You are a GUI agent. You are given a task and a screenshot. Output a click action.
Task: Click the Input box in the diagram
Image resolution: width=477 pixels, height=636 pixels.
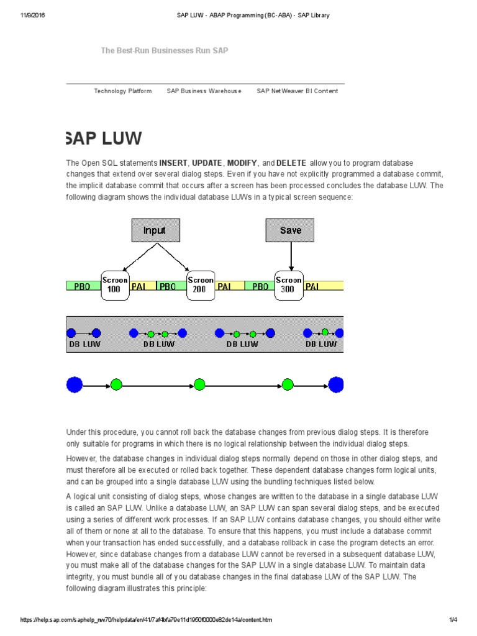[155, 230]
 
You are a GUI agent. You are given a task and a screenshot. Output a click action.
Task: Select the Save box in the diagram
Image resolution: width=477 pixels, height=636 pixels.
[290, 230]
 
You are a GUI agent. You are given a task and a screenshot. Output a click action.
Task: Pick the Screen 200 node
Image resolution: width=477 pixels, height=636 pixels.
[201, 284]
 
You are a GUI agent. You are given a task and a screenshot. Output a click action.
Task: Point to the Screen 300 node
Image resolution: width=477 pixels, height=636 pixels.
[288, 284]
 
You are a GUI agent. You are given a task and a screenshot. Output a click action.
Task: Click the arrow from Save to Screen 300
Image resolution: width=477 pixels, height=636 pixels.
[291, 255]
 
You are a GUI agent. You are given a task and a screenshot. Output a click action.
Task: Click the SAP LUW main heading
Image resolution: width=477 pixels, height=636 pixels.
[104, 139]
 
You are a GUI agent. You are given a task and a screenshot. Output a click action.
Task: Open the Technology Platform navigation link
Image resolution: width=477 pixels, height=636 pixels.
[123, 91]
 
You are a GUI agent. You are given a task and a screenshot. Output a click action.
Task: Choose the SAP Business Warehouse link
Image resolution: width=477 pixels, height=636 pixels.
[204, 91]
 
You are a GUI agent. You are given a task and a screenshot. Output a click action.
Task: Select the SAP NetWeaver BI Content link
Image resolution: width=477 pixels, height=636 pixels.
[298, 91]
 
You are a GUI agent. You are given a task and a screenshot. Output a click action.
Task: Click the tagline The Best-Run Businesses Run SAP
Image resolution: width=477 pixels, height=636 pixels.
[165, 50]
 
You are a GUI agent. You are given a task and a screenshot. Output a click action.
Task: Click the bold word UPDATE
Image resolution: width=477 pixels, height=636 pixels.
[207, 163]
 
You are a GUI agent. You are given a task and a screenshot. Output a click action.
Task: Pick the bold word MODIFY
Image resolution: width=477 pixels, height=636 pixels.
[242, 163]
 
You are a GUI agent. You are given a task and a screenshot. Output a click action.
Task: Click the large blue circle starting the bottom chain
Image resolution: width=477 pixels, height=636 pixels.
[75, 385]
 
